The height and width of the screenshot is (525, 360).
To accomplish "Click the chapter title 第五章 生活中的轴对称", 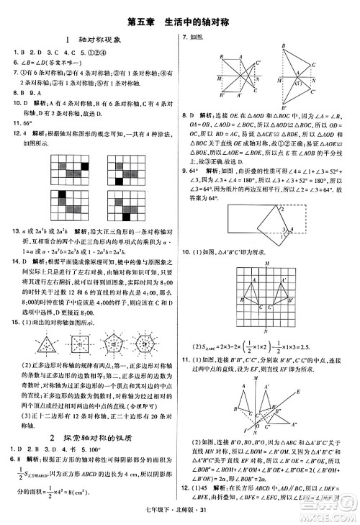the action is [x=179, y=22].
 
